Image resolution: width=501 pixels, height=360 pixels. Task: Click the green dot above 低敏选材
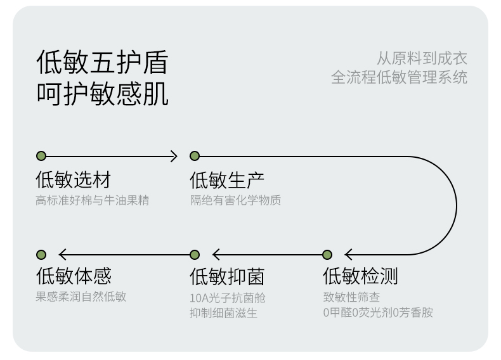41,156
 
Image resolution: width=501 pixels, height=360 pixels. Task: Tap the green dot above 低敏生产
195,156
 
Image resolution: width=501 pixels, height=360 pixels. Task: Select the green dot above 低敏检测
327,255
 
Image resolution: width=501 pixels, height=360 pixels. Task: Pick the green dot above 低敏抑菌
195,255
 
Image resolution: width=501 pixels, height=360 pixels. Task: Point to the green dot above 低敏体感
41,255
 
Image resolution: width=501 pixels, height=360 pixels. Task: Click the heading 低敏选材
73,179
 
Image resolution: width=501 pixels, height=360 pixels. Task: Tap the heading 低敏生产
227,180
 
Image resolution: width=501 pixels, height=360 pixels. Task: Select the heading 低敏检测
360,276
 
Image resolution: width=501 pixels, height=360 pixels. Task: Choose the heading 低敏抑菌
227,276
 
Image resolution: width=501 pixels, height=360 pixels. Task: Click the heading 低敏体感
74,276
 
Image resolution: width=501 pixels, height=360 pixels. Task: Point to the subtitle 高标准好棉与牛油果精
93,200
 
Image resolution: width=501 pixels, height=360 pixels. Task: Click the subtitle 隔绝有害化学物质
235,200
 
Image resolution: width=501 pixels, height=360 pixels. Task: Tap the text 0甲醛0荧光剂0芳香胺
378,312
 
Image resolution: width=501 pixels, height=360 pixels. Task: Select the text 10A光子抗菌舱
228,298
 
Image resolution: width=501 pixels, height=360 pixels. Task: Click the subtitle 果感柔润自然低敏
81,297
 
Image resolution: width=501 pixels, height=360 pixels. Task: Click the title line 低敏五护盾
102,62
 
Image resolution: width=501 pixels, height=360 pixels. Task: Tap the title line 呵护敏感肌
102,94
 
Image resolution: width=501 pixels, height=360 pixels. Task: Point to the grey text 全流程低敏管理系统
399,77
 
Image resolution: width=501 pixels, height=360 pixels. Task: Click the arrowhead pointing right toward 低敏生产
174,156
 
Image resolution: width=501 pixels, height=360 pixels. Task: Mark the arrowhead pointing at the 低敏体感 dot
63,255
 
